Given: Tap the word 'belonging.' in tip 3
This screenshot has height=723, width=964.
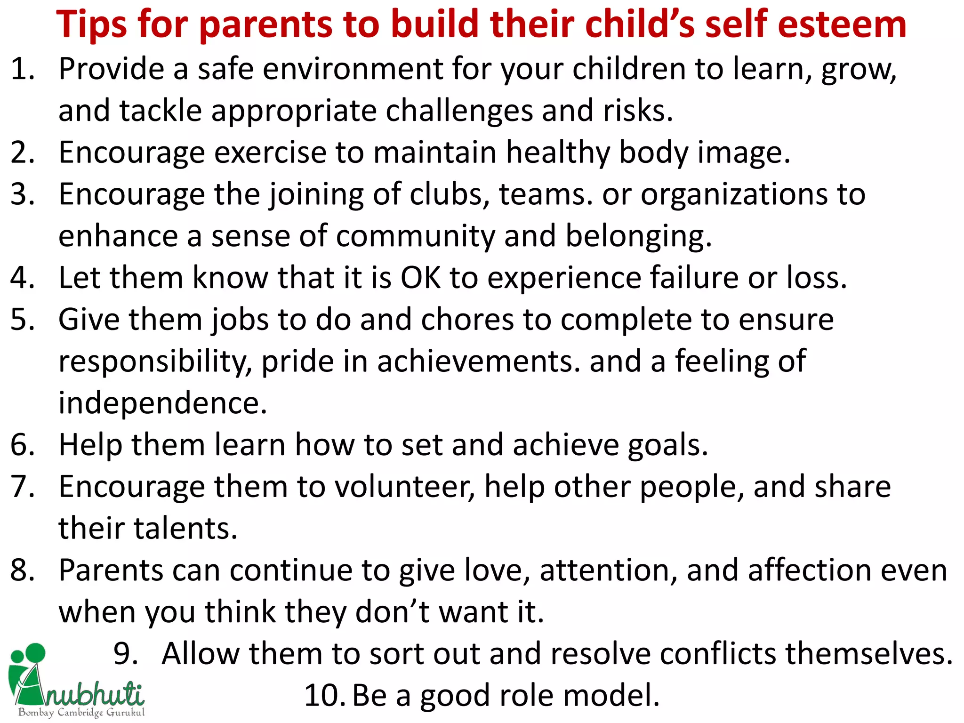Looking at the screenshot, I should (x=638, y=236).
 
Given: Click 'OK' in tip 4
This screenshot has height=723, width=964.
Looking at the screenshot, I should (x=421, y=278).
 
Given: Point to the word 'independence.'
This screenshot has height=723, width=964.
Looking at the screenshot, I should (x=163, y=403).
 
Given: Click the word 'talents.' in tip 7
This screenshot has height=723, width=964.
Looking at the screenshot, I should (x=185, y=529).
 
